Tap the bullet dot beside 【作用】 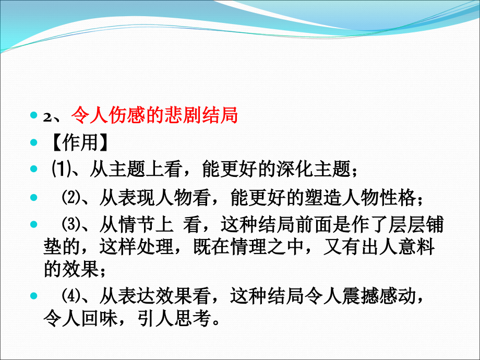(34, 141)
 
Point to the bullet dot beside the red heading (34, 115)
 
